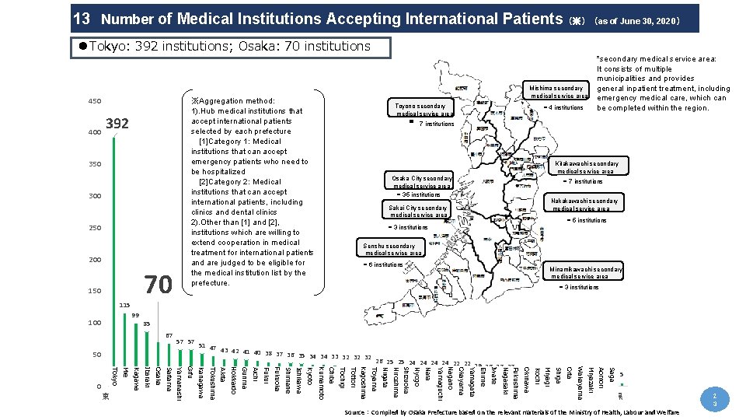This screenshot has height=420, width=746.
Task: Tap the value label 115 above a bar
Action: pos(125,304)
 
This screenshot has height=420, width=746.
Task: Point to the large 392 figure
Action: pos(117,124)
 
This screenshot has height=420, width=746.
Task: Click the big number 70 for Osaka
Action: pos(159,285)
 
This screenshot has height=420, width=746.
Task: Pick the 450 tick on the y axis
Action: pos(93,101)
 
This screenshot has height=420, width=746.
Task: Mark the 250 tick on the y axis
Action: pos(93,228)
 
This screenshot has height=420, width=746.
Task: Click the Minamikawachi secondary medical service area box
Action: pos(586,272)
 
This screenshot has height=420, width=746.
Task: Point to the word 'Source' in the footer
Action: pos(356,411)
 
